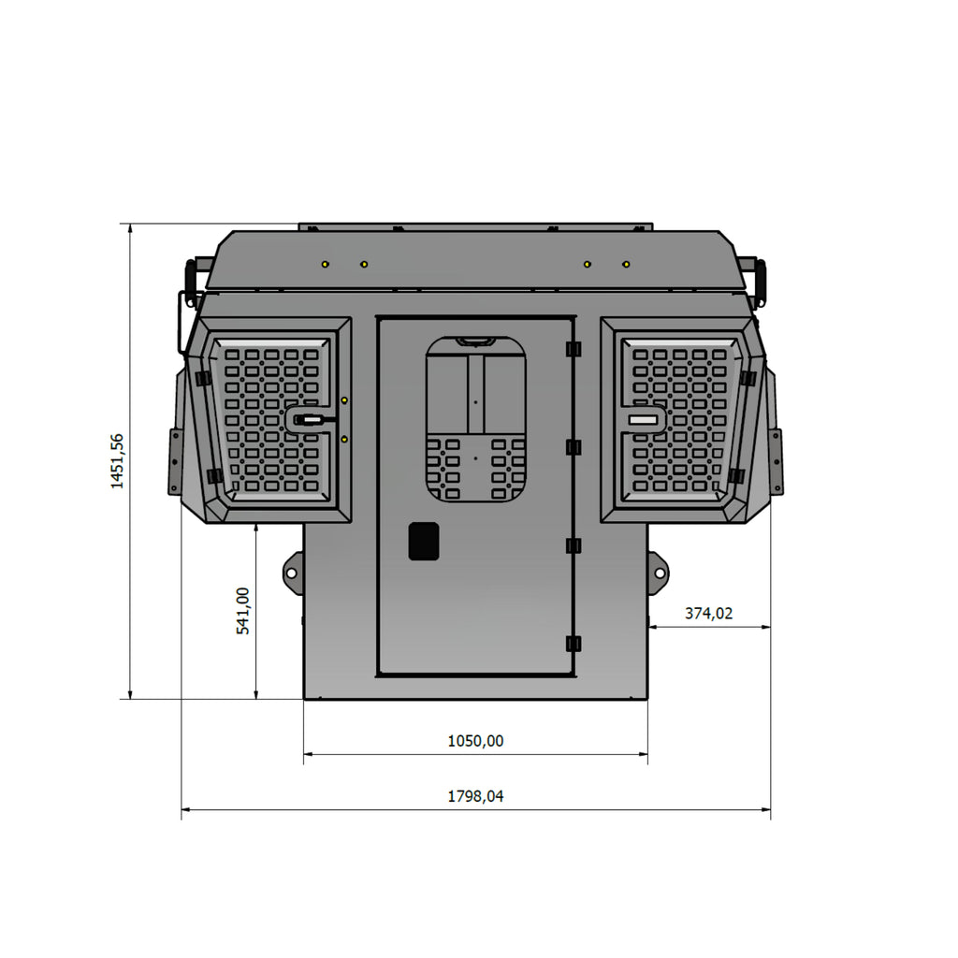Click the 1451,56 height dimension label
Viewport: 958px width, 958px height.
tap(117, 461)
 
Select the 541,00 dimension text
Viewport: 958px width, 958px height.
tap(243, 610)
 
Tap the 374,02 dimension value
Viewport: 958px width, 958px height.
tap(708, 613)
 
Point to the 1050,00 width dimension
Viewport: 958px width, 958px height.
tap(475, 741)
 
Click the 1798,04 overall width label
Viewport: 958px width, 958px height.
tap(475, 796)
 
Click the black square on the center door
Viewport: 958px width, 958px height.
tap(424, 541)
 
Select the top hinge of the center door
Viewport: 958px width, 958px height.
tap(573, 349)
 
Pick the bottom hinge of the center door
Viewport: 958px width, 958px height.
tap(573, 644)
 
